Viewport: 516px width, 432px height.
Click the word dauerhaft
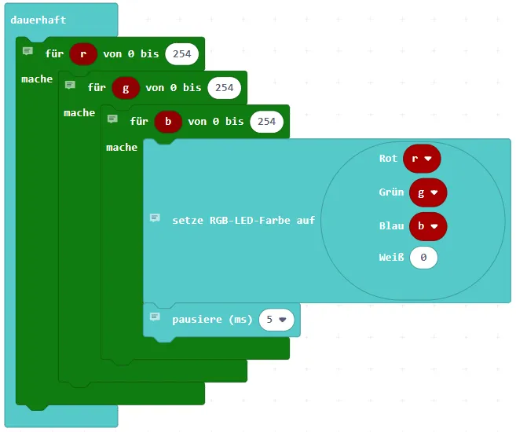(x=38, y=20)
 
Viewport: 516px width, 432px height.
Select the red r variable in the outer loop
(x=83, y=53)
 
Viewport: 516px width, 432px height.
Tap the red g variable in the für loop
(x=126, y=87)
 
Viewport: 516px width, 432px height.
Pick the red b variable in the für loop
(x=168, y=121)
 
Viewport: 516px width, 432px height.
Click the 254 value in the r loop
(x=182, y=53)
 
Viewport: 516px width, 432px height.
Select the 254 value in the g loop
(x=225, y=87)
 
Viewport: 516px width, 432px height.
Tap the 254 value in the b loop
(x=267, y=121)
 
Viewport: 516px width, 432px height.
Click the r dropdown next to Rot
(x=422, y=158)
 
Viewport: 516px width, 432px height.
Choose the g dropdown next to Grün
(x=422, y=192)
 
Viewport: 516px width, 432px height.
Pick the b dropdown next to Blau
(x=422, y=225)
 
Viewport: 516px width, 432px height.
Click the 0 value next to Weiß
(x=423, y=258)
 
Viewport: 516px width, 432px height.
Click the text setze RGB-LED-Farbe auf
(x=243, y=220)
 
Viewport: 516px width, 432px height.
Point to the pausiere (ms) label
(x=211, y=319)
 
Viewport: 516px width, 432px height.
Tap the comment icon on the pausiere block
(x=155, y=317)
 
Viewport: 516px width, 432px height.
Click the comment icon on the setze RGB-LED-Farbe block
(x=155, y=218)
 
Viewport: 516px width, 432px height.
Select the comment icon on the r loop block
(x=27, y=51)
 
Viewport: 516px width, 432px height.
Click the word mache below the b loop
(x=122, y=147)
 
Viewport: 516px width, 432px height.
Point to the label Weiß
(x=391, y=258)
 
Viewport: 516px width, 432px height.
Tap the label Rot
(x=388, y=158)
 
